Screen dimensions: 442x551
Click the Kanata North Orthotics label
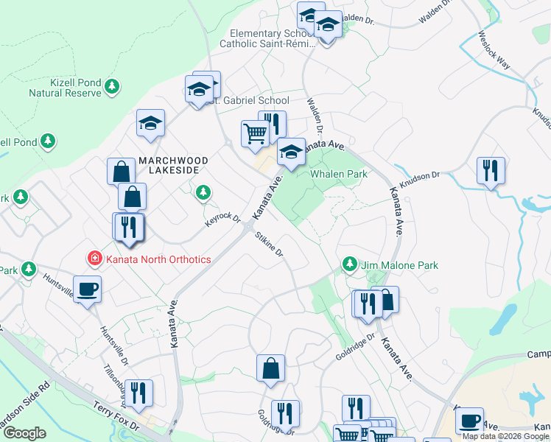pyautogui.click(x=158, y=259)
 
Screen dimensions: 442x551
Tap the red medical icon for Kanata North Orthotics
pyautogui.click(x=94, y=259)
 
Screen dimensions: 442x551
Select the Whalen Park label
pyautogui.click(x=339, y=174)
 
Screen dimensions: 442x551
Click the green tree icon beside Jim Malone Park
pyautogui.click(x=350, y=264)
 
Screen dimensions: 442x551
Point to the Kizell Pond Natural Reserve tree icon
pyautogui.click(x=112, y=87)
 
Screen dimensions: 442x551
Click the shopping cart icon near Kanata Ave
pyautogui.click(x=255, y=134)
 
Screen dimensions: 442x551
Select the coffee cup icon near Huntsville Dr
pyautogui.click(x=88, y=288)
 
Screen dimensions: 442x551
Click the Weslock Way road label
pyautogui.click(x=494, y=49)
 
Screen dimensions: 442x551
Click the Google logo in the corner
pyautogui.click(x=24, y=433)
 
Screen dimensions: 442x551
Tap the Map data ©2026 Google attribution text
pyautogui.click(x=505, y=436)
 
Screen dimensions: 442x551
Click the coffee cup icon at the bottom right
pyautogui.click(x=469, y=421)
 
